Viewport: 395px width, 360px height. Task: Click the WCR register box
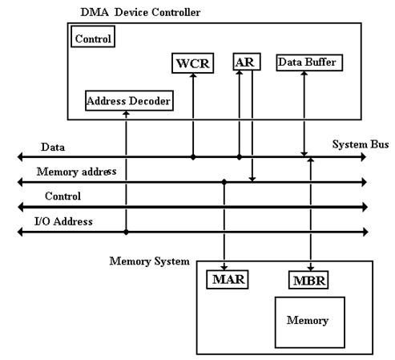click(x=192, y=63)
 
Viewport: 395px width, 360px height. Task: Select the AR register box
click(x=247, y=62)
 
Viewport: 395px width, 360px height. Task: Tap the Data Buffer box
click(x=309, y=63)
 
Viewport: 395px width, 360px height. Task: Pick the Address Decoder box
click(x=129, y=101)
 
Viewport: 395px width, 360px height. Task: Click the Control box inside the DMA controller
click(x=93, y=37)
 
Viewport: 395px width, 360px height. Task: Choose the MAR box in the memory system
click(x=228, y=280)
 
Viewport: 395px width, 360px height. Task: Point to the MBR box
click(x=308, y=280)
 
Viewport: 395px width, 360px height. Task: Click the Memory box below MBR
click(x=310, y=322)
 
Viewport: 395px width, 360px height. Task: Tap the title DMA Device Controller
click(x=140, y=12)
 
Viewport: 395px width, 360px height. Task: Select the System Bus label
click(x=361, y=144)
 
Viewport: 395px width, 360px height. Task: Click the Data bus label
click(x=53, y=147)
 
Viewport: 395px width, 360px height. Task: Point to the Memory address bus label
click(x=76, y=172)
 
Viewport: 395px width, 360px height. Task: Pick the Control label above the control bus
click(x=62, y=196)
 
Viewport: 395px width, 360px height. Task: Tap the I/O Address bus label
click(x=63, y=221)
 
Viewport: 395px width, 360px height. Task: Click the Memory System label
click(x=150, y=261)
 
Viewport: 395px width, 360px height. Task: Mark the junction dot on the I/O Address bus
click(x=126, y=232)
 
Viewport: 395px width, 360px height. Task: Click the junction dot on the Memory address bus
click(x=224, y=182)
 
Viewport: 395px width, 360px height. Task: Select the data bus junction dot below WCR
click(x=193, y=157)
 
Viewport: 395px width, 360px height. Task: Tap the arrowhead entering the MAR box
click(x=224, y=267)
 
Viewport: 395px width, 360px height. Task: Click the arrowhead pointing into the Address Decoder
click(x=126, y=114)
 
